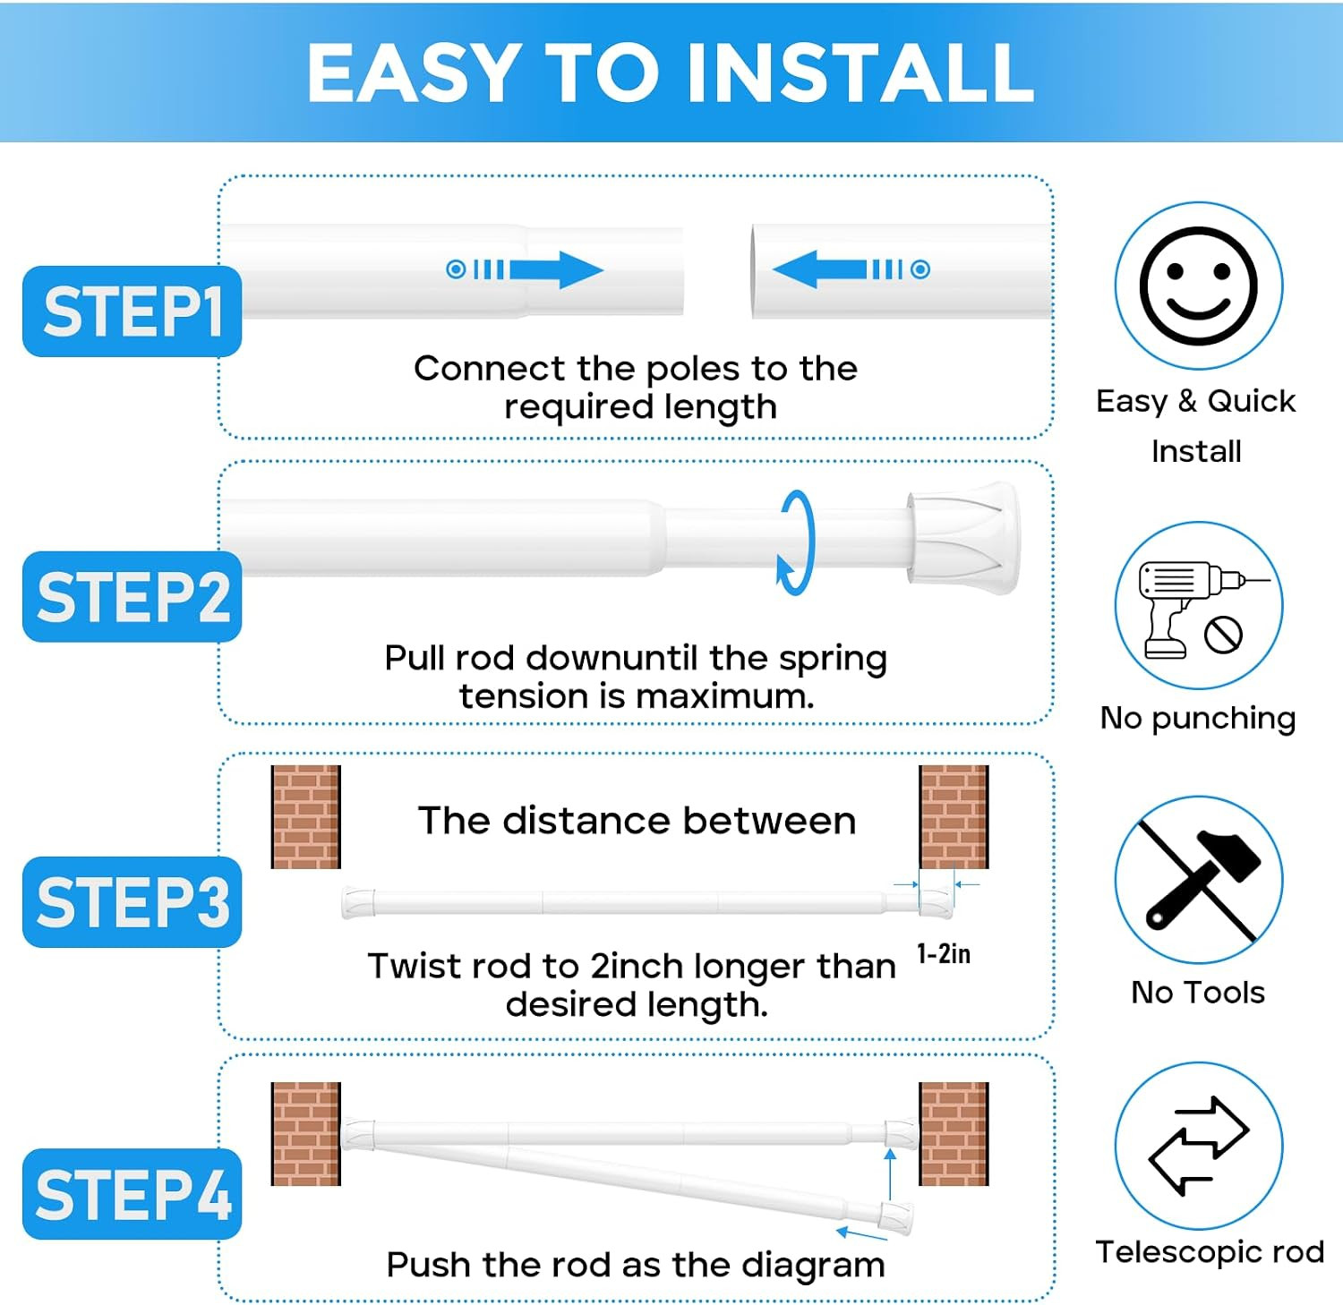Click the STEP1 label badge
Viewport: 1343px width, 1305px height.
[132, 311]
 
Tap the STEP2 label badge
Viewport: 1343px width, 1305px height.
[132, 597]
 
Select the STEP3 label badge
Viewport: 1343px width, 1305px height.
[132, 901]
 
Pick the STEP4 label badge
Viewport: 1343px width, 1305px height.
[132, 1194]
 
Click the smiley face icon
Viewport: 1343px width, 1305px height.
[1198, 286]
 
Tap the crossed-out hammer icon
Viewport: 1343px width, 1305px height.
[1199, 880]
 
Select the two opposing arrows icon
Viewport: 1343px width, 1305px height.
[1198, 1146]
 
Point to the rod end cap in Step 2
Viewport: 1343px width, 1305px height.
[963, 538]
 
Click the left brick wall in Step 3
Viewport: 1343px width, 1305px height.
[306, 816]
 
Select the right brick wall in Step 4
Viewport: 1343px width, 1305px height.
[954, 1134]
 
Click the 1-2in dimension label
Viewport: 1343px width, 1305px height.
[944, 954]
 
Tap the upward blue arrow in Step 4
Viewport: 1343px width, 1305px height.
[890, 1174]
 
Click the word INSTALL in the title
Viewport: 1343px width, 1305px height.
[860, 72]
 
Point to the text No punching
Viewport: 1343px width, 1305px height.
[1198, 719]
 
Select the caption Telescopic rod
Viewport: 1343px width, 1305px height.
[1210, 1252]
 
